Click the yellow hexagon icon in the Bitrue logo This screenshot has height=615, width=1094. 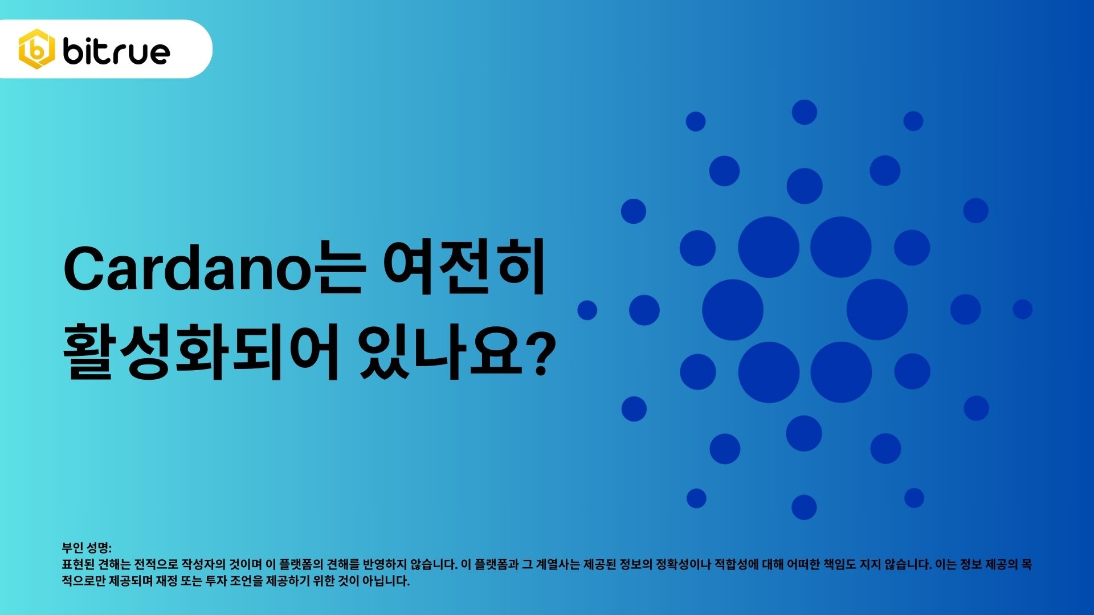click(x=36, y=49)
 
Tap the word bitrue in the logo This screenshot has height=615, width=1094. click(x=116, y=51)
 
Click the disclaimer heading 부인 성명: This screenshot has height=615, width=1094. click(x=87, y=548)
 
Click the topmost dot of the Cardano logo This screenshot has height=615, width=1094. click(x=804, y=112)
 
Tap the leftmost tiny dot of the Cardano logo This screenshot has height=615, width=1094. click(x=587, y=310)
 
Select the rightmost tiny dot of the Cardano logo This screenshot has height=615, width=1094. click(x=1022, y=309)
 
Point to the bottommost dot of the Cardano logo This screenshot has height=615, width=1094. click(x=804, y=507)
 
